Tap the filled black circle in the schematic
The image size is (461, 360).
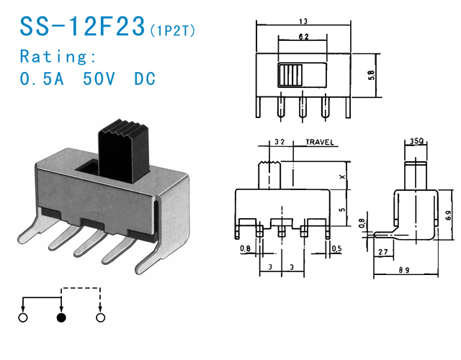click(x=61, y=318)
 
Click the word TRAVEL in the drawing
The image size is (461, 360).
click(x=319, y=143)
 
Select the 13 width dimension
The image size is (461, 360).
click(x=303, y=22)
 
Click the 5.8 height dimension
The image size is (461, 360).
click(x=370, y=75)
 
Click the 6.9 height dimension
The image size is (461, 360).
click(x=450, y=215)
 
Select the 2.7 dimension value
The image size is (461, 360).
click(x=382, y=252)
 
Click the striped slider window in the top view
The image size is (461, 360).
click(x=292, y=75)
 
